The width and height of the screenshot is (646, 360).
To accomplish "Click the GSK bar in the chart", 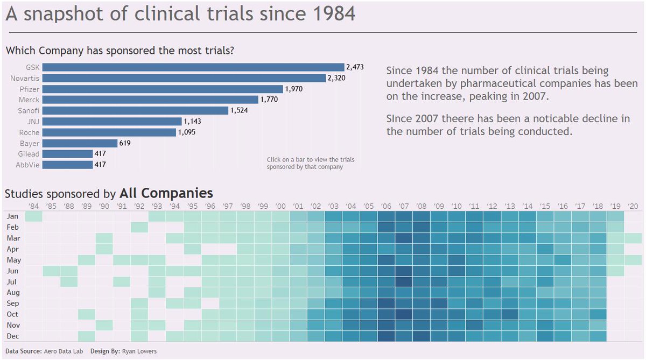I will click(x=193, y=67).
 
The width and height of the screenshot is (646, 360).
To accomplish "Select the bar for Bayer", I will click(x=80, y=143).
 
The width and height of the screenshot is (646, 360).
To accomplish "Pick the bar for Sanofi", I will click(x=135, y=110).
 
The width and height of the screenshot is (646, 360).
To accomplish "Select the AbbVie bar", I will click(x=67, y=165).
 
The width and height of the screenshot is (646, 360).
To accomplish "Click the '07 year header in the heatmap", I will click(x=404, y=206).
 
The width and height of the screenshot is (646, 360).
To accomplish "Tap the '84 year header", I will click(x=33, y=206).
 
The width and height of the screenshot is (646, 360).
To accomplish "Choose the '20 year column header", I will click(x=633, y=206).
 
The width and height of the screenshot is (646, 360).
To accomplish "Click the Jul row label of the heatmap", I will click(x=12, y=281).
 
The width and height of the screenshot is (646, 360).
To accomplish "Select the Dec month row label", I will click(x=12, y=336).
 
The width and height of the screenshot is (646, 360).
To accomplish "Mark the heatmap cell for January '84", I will click(x=33, y=216).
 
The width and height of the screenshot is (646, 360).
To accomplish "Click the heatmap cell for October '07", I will click(x=404, y=314).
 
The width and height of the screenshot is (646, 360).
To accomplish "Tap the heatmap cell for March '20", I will click(x=633, y=238).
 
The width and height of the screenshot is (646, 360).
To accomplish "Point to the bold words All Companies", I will click(x=166, y=193).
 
